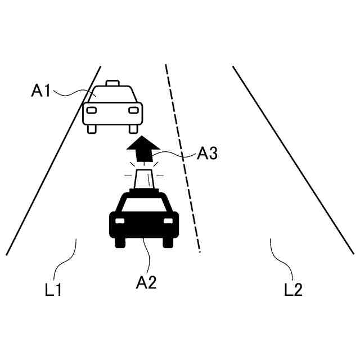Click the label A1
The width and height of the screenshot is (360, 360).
41,91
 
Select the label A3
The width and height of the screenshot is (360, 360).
208,153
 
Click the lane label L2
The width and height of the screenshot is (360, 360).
293,290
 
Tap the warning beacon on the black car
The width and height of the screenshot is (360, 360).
143,179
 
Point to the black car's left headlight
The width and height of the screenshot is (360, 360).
119,220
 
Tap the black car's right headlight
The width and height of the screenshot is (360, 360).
168,220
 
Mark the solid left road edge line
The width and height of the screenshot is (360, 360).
53,160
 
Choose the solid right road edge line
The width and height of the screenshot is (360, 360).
292,160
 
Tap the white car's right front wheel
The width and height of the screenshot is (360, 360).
133,129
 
